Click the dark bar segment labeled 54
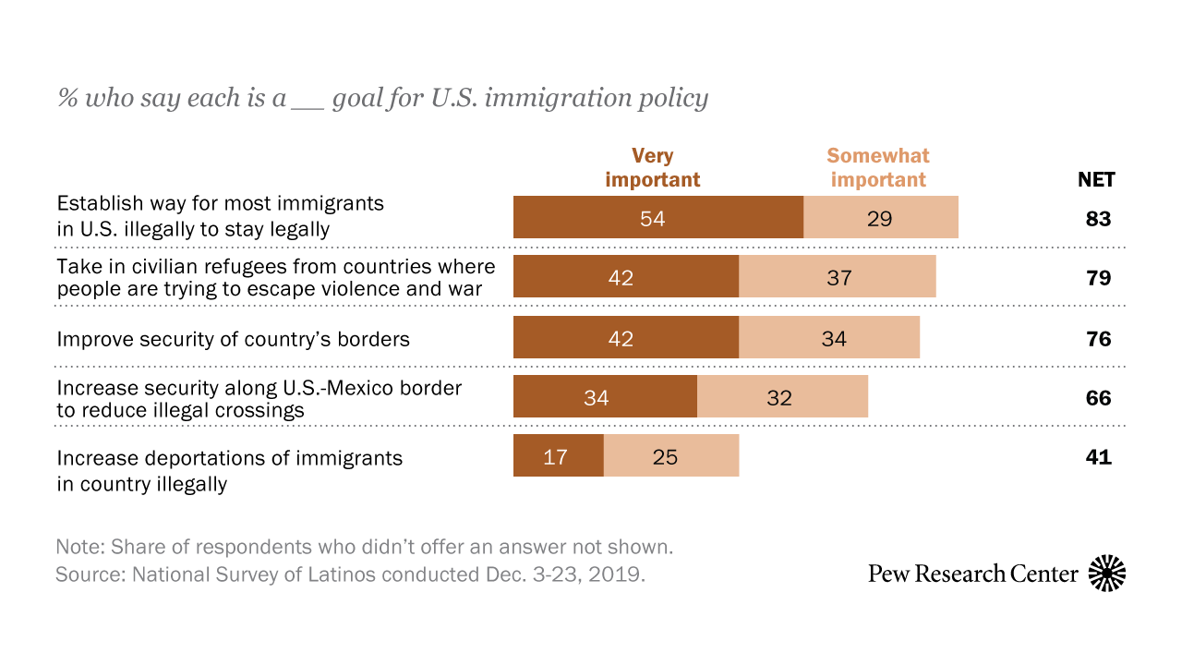pos(658,219)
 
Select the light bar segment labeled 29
pos(881,219)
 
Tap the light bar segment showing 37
pos(838,278)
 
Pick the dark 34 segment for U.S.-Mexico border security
pos(605,398)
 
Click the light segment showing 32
pos(782,398)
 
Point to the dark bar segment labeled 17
pos(558,456)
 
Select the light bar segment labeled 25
pos(671,456)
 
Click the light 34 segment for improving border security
pos(829,338)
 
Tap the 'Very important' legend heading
pos(653,167)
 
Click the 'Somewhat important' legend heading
pos(877,167)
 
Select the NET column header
pos(1096,180)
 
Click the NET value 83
pos(1098,220)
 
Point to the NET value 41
pos(1098,457)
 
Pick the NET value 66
pos(1098,399)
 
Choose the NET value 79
pos(1098,279)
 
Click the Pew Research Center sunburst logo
pos(1107,574)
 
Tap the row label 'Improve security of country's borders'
pos(233,339)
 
